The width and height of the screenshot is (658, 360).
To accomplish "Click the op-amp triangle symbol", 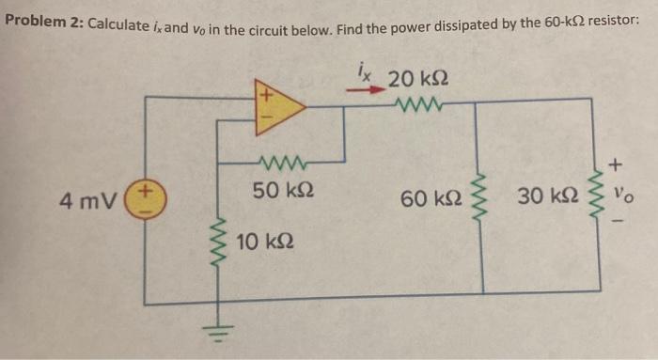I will (x=276, y=107).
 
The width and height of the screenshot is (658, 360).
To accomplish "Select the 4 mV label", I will (x=87, y=200).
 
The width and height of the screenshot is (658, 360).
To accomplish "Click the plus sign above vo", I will (x=617, y=165).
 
